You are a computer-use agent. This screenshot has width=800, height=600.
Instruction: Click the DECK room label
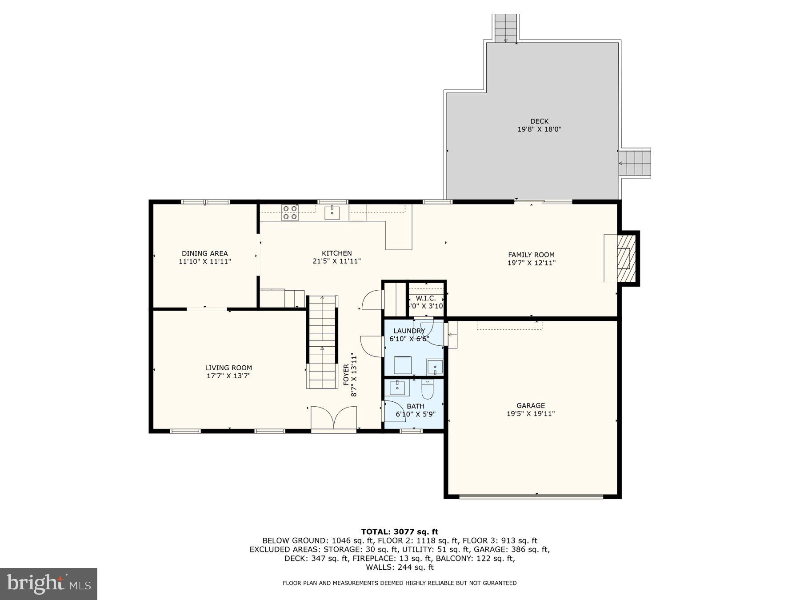coord(539,121)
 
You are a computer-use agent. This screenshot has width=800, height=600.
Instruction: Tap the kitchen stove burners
coord(289,212)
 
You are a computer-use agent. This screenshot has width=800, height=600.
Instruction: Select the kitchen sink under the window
coord(332,212)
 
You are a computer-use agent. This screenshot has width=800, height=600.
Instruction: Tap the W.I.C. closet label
coord(426,298)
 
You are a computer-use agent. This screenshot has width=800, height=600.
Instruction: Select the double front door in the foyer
coord(333,418)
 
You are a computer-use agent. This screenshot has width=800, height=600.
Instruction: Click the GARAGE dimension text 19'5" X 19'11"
coord(531,414)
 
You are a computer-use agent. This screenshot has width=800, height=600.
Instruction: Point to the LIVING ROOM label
coord(228,368)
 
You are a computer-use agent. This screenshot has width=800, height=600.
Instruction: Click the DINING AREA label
coord(205,253)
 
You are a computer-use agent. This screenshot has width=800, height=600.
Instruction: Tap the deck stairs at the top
coord(506,28)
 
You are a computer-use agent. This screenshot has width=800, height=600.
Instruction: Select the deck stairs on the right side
coord(635,163)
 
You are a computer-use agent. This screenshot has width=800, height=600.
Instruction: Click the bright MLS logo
coord(48,584)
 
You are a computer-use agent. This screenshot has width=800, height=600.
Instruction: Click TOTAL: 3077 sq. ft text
coord(400,532)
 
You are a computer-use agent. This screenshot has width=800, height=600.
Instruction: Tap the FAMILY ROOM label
coord(531,255)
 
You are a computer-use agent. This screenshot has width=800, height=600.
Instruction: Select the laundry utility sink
coord(435,367)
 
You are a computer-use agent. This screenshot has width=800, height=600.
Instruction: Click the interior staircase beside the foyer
coord(322,342)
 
